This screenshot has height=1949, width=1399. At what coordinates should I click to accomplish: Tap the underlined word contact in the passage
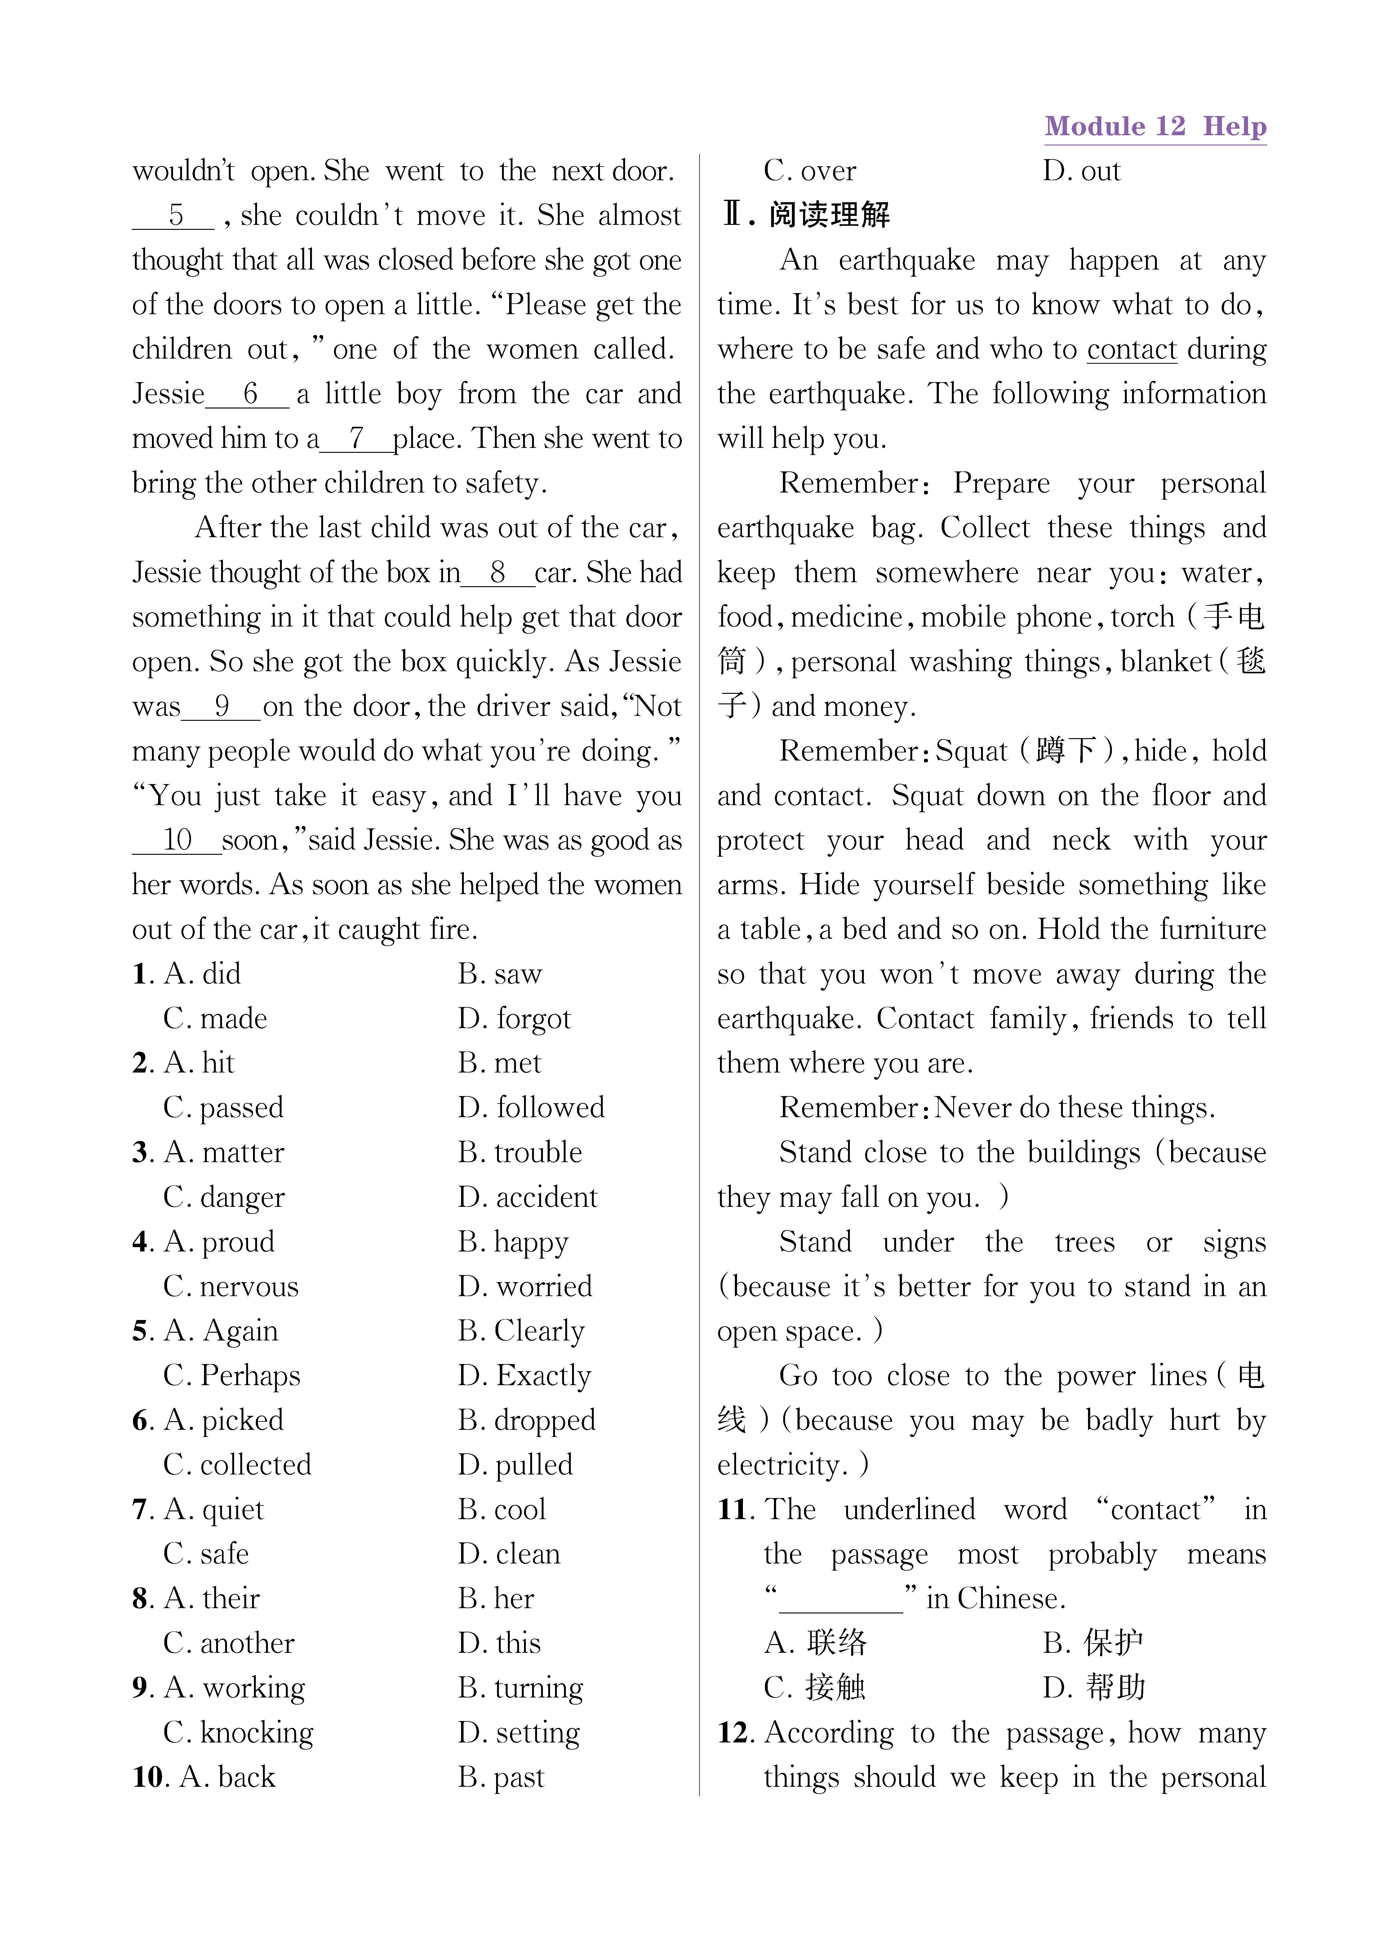[x=1131, y=350]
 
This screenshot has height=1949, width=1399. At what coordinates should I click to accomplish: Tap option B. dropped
[x=526, y=1420]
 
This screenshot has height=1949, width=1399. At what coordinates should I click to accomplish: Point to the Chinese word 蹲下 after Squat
[x=1066, y=751]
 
